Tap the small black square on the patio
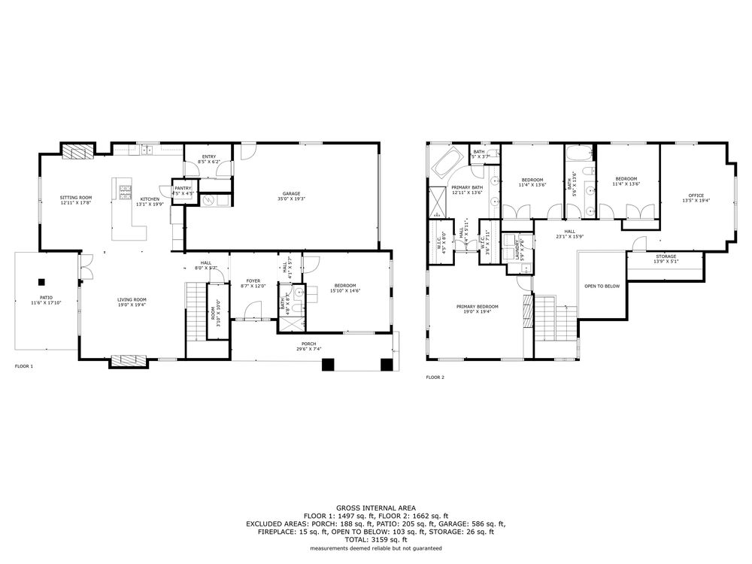click(42, 282)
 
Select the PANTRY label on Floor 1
click(183, 188)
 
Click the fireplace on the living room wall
click(126, 361)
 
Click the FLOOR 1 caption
click(24, 366)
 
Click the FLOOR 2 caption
click(435, 377)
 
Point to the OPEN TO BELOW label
click(602, 286)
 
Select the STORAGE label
click(666, 256)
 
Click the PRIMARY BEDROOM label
click(477, 306)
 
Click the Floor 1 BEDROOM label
click(344, 285)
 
